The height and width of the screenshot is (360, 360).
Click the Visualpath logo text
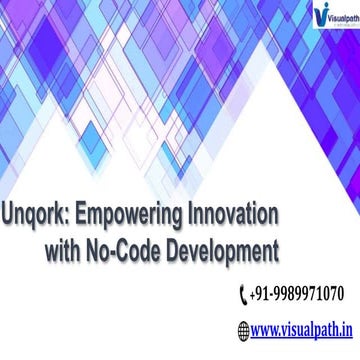coord(321,16)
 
